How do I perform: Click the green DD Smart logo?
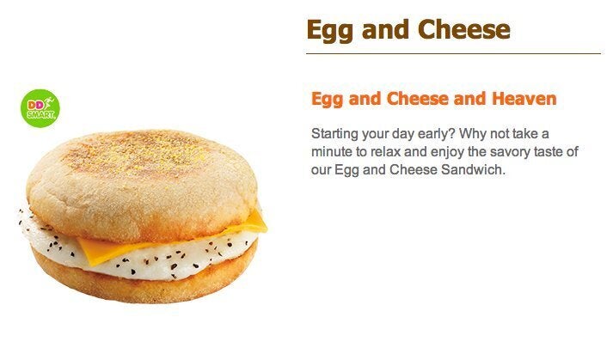(x=40, y=108)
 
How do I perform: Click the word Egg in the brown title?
(x=330, y=30)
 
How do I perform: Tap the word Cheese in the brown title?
(x=464, y=29)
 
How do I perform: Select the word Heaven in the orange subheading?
(x=524, y=99)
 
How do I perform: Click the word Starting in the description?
(x=334, y=134)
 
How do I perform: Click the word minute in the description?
(x=332, y=151)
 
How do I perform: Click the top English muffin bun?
(x=143, y=184)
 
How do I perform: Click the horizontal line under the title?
(x=453, y=53)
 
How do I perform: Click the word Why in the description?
(x=473, y=134)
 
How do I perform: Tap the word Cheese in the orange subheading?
(x=418, y=99)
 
